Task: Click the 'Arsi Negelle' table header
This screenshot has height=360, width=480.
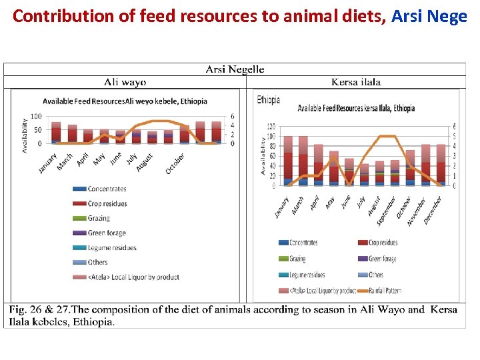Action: tap(235, 69)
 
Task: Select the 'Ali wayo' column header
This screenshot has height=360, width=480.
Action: tap(125, 82)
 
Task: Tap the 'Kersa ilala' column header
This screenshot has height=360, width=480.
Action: tap(356, 82)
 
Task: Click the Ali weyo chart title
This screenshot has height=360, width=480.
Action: tap(125, 101)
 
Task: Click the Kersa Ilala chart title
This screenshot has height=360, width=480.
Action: tap(356, 108)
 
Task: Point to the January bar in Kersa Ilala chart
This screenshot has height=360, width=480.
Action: tap(288, 161)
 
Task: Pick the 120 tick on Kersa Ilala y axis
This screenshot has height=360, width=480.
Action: tap(271, 127)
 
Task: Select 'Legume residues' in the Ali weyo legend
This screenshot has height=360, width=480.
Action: tap(112, 247)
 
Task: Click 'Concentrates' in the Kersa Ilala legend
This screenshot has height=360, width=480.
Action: tap(303, 243)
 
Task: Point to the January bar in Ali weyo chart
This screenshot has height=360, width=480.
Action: tap(56, 133)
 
